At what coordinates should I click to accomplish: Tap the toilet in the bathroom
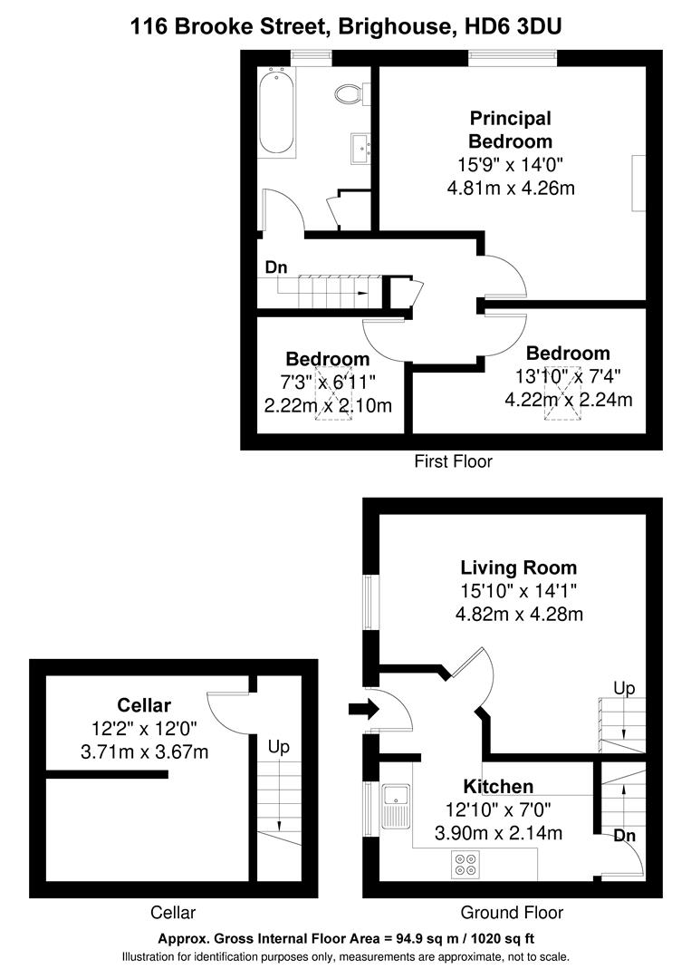point(348,93)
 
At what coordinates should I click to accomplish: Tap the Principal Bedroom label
point(510,130)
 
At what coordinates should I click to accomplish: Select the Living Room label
point(518,568)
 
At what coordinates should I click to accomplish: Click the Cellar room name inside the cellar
point(144,704)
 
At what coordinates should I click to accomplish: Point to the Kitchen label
point(498,786)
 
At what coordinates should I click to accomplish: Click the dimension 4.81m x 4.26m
point(511,189)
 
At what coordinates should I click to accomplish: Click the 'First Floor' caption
point(453,461)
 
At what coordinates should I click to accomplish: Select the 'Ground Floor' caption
point(512,913)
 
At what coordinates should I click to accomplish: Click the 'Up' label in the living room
point(624,689)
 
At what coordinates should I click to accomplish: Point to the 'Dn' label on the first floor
point(276,267)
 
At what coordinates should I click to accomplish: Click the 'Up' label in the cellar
point(278,747)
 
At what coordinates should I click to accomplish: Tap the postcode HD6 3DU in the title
point(512,27)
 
